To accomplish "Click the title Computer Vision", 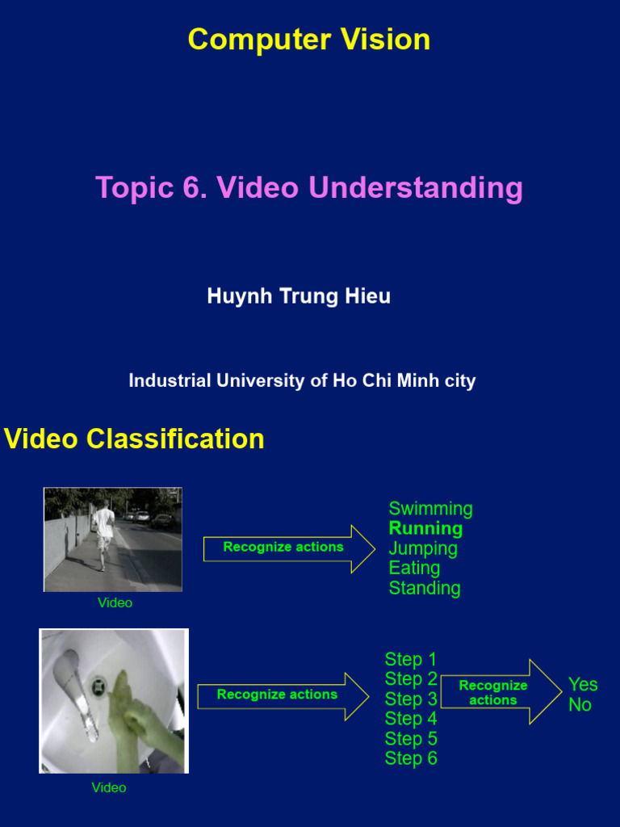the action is click(x=309, y=40).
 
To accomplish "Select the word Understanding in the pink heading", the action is click(x=416, y=188).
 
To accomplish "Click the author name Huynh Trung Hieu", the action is click(x=299, y=296).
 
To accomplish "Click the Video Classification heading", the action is click(x=134, y=439).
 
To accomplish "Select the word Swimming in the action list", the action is click(x=431, y=509).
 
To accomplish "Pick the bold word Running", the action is click(x=425, y=528).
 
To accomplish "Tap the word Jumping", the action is click(x=423, y=548).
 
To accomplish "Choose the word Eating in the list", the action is click(x=414, y=568).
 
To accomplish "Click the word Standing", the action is click(x=425, y=588).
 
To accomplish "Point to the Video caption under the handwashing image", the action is click(x=109, y=787).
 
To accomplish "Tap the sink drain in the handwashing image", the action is click(x=98, y=685).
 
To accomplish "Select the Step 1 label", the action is click(x=411, y=659).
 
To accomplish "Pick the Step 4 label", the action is click(x=411, y=718).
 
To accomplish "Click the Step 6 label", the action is click(x=411, y=758).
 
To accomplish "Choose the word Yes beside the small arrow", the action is click(x=583, y=685).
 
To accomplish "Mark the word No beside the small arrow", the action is click(x=580, y=704).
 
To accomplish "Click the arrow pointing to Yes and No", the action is click(x=501, y=691).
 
